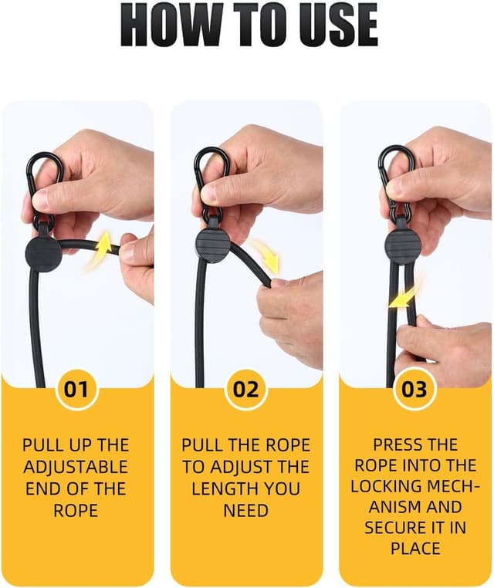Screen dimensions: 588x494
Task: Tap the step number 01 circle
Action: (x=76, y=389)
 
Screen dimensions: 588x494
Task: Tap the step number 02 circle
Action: (x=246, y=389)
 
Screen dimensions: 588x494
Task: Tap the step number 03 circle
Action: (x=414, y=389)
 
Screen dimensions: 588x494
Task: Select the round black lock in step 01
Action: (x=44, y=251)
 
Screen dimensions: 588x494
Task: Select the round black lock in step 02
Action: (x=212, y=245)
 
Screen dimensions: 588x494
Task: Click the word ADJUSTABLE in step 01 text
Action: (x=76, y=468)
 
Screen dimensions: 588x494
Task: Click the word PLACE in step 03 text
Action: (x=414, y=549)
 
